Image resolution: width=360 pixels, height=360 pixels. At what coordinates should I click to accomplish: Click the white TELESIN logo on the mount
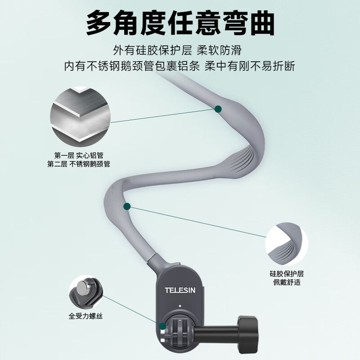180,290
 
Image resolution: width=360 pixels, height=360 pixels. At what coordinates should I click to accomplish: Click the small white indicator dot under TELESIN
180,306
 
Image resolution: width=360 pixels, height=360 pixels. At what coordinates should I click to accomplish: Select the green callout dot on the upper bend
218,109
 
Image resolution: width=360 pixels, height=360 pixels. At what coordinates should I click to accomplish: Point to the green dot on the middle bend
127,207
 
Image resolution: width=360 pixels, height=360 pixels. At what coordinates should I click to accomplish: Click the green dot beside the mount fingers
163,326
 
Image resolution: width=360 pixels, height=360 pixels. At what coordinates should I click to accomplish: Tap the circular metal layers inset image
81,117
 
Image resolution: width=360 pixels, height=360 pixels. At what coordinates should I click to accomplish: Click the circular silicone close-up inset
287,244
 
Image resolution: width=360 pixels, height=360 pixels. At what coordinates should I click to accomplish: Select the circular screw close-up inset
86,292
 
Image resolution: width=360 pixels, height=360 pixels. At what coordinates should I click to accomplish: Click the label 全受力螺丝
85,316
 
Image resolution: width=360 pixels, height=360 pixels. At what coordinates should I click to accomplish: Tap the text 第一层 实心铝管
79,155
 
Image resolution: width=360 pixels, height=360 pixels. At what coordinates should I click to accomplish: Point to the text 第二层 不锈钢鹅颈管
79,164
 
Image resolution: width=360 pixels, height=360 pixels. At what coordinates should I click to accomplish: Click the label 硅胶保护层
287,274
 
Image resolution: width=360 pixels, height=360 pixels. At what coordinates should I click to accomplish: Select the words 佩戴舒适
287,282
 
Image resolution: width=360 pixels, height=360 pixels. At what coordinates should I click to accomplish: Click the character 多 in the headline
99,23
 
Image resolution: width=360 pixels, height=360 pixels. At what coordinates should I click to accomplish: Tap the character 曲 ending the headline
262,23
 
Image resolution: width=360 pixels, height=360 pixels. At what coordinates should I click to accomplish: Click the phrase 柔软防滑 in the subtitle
219,50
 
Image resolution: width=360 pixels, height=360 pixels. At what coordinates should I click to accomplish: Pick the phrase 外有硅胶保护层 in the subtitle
153,50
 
